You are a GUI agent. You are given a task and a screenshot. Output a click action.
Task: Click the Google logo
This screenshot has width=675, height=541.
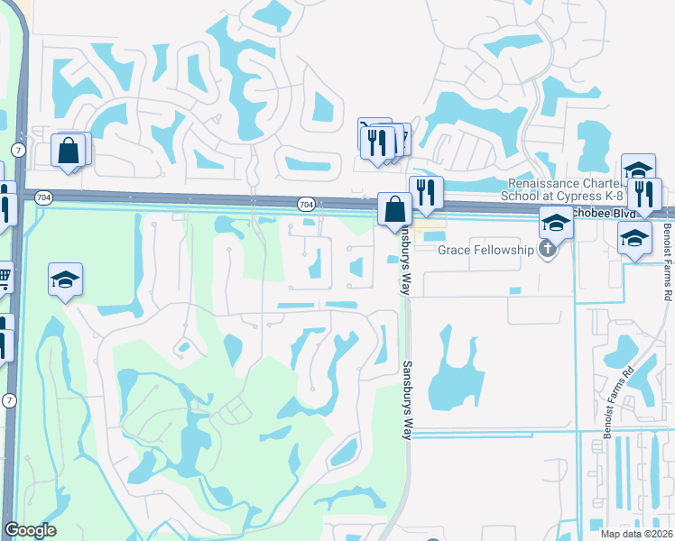30,530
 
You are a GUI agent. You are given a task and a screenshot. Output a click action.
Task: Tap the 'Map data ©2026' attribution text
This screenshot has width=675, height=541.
637,533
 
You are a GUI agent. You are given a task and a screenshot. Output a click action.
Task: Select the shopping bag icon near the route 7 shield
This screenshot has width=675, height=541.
69,150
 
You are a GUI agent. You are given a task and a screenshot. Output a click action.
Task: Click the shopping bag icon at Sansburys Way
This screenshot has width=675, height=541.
394,209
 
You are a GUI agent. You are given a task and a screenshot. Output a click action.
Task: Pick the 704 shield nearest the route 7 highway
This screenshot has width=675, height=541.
43,197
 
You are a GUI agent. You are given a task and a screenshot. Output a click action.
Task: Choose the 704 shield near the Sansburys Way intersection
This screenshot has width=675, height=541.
306,206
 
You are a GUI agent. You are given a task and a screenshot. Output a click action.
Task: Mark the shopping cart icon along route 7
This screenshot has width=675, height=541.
3,278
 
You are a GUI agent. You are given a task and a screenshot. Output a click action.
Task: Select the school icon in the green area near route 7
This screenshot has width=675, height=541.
65,280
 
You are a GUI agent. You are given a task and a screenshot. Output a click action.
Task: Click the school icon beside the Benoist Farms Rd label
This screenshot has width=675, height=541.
634,238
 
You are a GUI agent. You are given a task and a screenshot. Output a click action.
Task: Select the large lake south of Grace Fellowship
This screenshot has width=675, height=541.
451,374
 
